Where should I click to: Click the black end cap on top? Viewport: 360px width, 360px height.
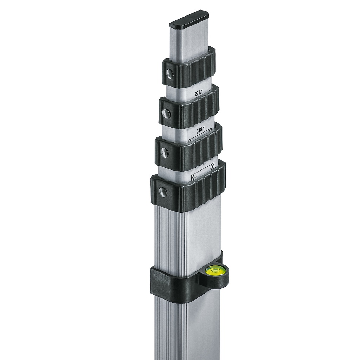189,20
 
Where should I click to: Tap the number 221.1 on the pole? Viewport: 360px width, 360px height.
199,94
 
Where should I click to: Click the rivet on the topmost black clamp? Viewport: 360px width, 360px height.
169,73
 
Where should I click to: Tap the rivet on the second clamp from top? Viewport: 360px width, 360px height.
166,113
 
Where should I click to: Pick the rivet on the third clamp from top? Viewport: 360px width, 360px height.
164,153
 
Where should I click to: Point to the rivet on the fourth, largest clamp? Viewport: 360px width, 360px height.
163,192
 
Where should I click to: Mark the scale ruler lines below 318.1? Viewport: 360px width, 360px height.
200,139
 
